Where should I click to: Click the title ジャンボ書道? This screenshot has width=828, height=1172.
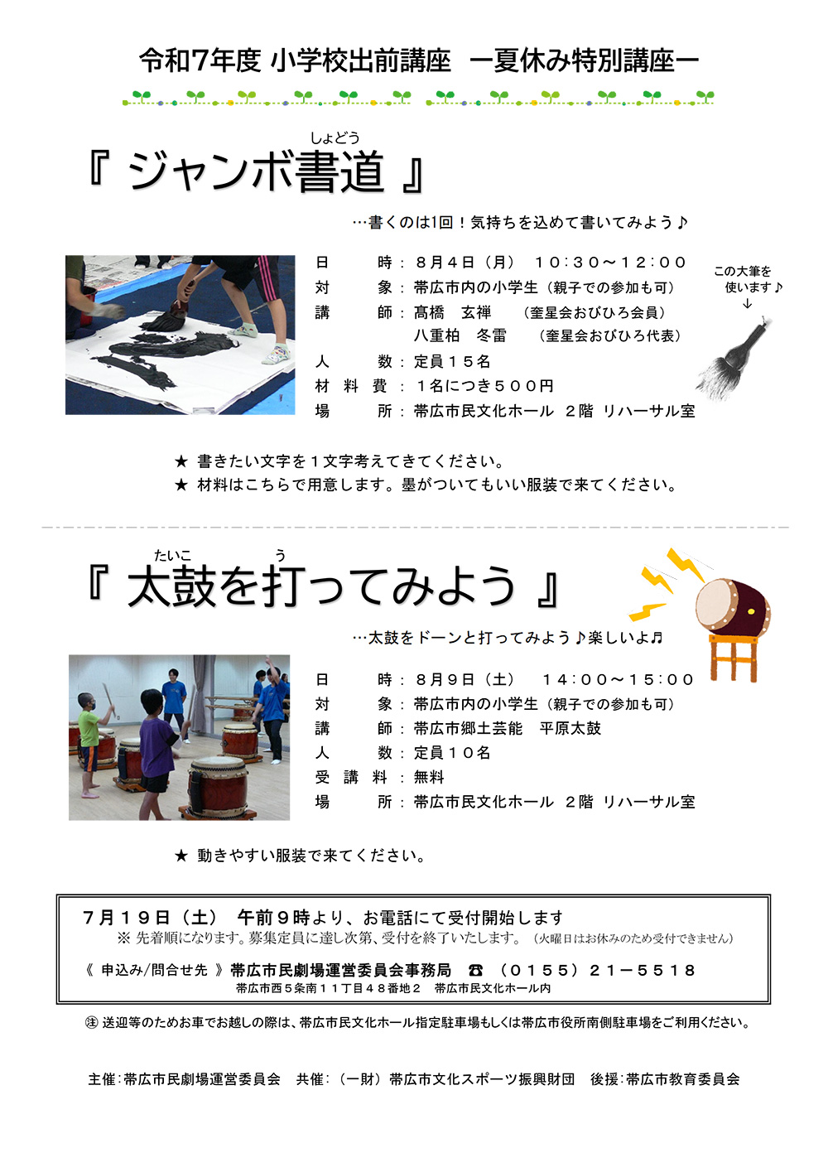257,172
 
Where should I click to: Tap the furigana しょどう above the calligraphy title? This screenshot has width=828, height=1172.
335,137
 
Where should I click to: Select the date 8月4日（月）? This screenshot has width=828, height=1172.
465,262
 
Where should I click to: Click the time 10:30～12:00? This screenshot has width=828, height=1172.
610,262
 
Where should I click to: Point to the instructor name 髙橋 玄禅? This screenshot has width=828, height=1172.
452,312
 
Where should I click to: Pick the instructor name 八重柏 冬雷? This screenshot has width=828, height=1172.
460,335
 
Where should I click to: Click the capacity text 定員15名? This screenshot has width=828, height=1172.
452,361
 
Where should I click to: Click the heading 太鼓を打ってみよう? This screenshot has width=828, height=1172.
321,586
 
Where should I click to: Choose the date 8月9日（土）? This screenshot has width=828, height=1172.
465,680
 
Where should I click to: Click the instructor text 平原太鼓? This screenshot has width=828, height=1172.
570,728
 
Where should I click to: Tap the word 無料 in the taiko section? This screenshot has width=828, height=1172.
429,778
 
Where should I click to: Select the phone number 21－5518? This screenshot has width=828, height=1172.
643,971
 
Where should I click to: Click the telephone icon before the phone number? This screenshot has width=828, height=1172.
475,971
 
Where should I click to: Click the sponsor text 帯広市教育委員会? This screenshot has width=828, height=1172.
682,1079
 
